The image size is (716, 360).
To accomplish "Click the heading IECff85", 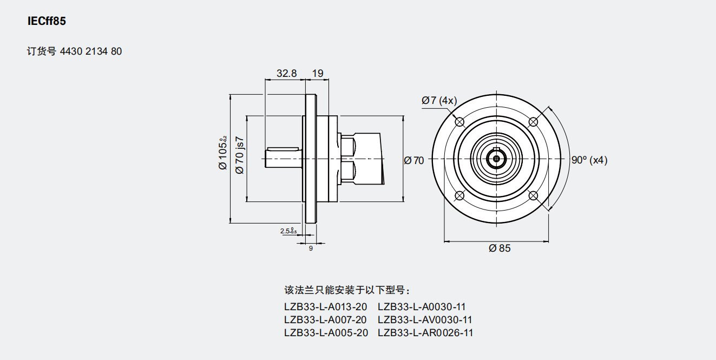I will pyautogui.click(x=47, y=22).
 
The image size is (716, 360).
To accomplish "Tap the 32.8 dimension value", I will pyautogui.click(x=287, y=73).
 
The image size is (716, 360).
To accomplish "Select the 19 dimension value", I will pyautogui.click(x=318, y=73).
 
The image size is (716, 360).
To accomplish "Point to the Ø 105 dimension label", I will pyautogui.click(x=222, y=154).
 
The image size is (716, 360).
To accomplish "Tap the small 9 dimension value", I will pyautogui.click(x=311, y=248).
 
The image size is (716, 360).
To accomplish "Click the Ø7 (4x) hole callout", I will pyautogui.click(x=439, y=101).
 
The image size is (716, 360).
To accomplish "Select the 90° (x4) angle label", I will pyautogui.click(x=589, y=160).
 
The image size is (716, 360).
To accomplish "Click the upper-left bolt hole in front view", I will pyautogui.click(x=459, y=122).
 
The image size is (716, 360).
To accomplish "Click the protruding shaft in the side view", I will pyautogui.click(x=283, y=158).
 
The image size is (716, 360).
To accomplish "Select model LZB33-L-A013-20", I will pyautogui.click(x=325, y=306).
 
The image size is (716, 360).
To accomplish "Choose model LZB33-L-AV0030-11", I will pyautogui.click(x=425, y=319).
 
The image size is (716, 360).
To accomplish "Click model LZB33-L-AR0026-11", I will pyautogui.click(x=425, y=333).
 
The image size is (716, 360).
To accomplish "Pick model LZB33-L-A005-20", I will pyautogui.click(x=325, y=333).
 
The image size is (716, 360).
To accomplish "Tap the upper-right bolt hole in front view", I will pyautogui.click(x=533, y=122).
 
